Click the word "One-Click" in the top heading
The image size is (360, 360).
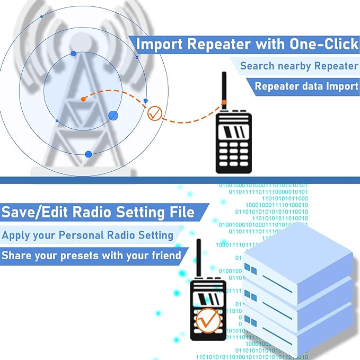pyautogui.click(x=323, y=44)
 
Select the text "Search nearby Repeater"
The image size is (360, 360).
pyautogui.click(x=299, y=66)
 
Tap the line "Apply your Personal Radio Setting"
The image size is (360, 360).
pyautogui.click(x=87, y=234)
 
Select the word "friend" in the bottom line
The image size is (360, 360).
pyautogui.click(x=163, y=256)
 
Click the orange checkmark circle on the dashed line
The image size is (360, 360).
pyautogui.click(x=155, y=113)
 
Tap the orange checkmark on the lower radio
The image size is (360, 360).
pyautogui.click(x=207, y=319)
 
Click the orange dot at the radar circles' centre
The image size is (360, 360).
pyautogui.click(x=83, y=99)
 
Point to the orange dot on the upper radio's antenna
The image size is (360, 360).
pyautogui.click(x=224, y=102)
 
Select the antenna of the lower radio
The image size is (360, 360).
pyautogui.click(x=198, y=258)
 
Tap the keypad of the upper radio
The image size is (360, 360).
pyautogui.click(x=233, y=154)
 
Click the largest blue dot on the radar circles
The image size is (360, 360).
pyautogui.click(x=113, y=115)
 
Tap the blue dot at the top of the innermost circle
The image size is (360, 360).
pyautogui.click(x=73, y=54)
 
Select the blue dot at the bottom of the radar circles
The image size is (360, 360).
pyautogui.click(x=89, y=154)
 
